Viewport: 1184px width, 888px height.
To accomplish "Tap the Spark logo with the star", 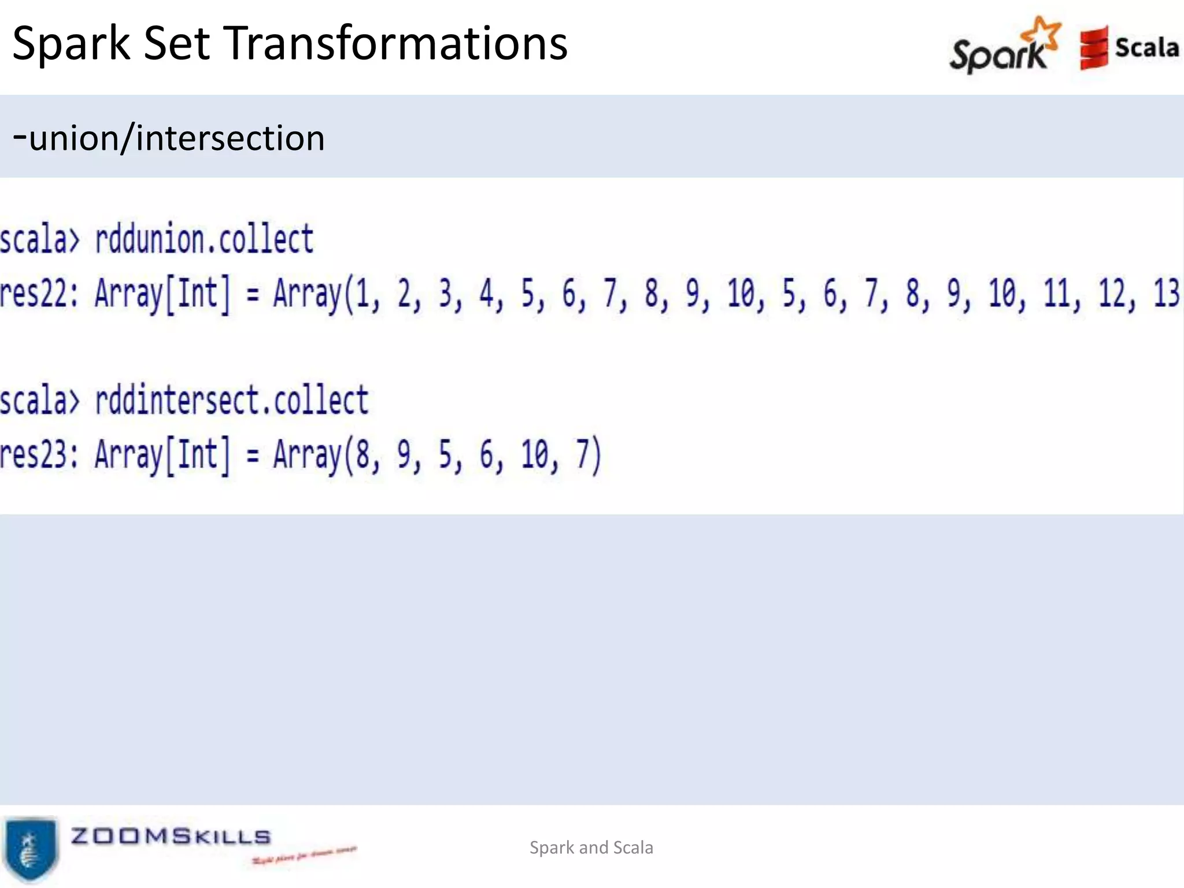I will [1005, 46].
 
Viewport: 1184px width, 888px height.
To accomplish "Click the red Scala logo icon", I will [1093, 48].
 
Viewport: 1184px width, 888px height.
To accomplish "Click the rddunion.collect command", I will [204, 239].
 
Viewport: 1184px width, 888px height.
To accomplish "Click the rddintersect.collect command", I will [231, 400].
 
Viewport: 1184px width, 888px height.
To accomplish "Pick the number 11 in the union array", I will [1056, 294].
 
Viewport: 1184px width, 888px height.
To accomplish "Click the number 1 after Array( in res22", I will [362, 294].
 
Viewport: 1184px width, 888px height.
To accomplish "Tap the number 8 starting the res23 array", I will [362, 454].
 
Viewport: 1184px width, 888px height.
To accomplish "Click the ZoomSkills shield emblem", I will [30, 848].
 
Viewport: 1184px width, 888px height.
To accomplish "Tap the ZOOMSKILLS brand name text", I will [171, 836].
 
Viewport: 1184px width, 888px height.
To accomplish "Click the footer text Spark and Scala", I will [591, 848].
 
